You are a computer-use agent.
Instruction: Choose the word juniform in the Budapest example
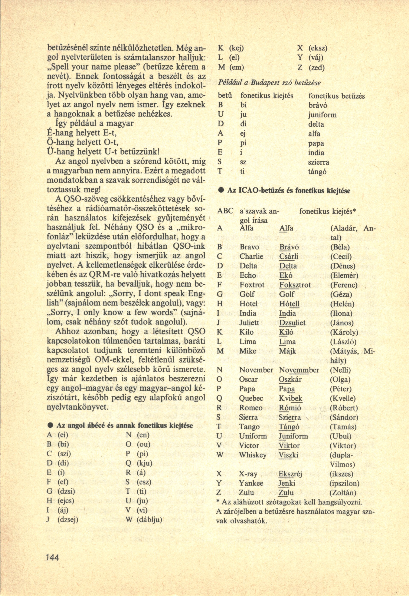(322, 115)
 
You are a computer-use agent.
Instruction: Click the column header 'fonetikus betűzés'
(336, 96)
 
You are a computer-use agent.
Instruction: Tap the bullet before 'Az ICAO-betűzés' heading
(220, 191)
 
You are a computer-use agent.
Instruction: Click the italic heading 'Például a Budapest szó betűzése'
(269, 83)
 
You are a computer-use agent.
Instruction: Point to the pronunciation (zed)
(317, 68)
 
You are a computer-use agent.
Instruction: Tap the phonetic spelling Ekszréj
(290, 474)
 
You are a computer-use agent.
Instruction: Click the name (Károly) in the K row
(344, 332)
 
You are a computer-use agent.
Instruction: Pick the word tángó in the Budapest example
(317, 172)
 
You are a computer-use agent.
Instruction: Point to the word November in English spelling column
(256, 370)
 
